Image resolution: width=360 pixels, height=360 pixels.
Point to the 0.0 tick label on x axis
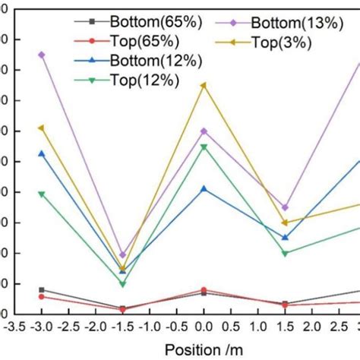click(x=203, y=327)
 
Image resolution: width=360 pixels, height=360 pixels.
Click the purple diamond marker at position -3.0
click(x=41, y=55)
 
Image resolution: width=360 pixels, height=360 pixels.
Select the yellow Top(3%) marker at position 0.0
click(x=203, y=85)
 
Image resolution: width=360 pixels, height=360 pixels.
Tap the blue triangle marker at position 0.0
click(x=203, y=188)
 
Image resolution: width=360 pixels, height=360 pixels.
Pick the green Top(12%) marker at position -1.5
click(x=122, y=284)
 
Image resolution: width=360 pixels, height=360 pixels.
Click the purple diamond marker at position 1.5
click(x=285, y=207)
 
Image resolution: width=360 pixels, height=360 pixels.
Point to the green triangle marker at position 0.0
click(x=203, y=147)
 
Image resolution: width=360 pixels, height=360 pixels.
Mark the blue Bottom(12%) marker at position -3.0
click(x=41, y=153)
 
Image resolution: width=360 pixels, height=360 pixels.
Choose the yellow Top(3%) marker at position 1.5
click(x=285, y=223)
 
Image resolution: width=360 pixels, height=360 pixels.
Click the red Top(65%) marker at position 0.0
click(x=203, y=289)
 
